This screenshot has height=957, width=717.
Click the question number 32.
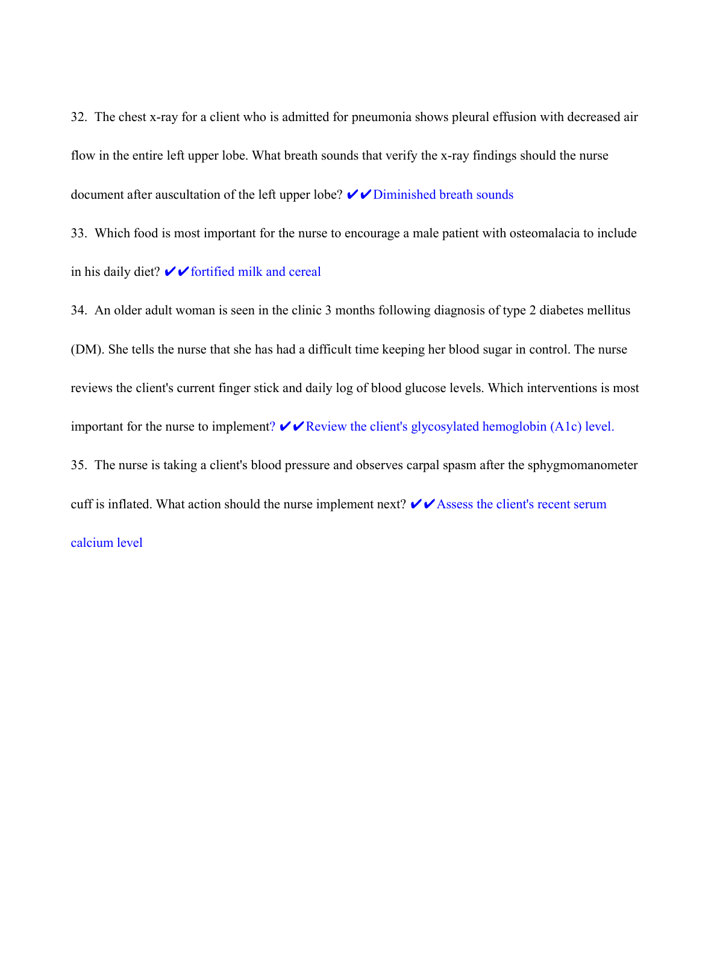tap(79, 117)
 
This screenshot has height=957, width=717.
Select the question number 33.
tap(79, 234)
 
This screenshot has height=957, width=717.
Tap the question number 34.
tap(79, 311)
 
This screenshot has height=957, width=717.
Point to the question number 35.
tap(79, 466)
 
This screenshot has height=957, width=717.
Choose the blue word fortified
tap(213, 272)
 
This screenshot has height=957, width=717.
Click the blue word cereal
tap(305, 272)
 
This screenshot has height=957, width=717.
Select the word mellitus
tap(606, 311)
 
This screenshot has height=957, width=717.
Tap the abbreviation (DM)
tap(88, 350)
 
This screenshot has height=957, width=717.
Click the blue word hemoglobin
tap(514, 427)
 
